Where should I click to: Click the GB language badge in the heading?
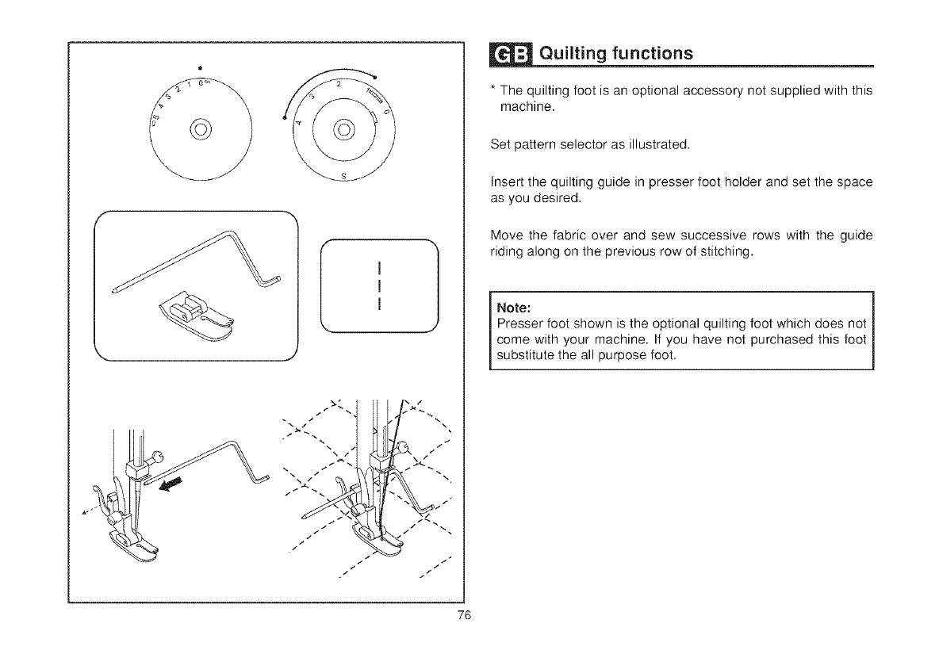[x=502, y=54]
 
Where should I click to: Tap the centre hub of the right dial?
[x=343, y=128]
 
